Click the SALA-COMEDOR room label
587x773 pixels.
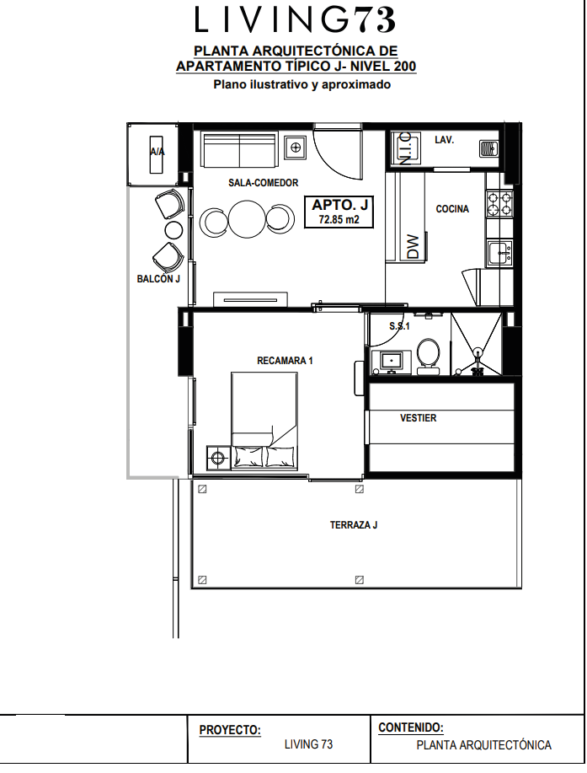click(263, 183)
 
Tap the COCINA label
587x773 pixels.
click(452, 209)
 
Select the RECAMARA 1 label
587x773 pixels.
click(285, 361)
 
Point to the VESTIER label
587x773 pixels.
click(418, 418)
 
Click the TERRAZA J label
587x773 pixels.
click(354, 525)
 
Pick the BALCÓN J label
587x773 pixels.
click(158, 279)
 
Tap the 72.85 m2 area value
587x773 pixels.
click(339, 219)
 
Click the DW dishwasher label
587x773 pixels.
click(414, 246)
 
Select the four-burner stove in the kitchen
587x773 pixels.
click(499, 204)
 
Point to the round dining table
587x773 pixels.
click(247, 219)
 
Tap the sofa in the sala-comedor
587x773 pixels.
click(240, 149)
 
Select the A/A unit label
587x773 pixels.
click(157, 152)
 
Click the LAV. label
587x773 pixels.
click(444, 140)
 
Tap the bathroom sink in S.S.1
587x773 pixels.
click(392, 361)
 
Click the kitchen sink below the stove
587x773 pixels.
click(500, 252)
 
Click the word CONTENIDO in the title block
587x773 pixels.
click(411, 727)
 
